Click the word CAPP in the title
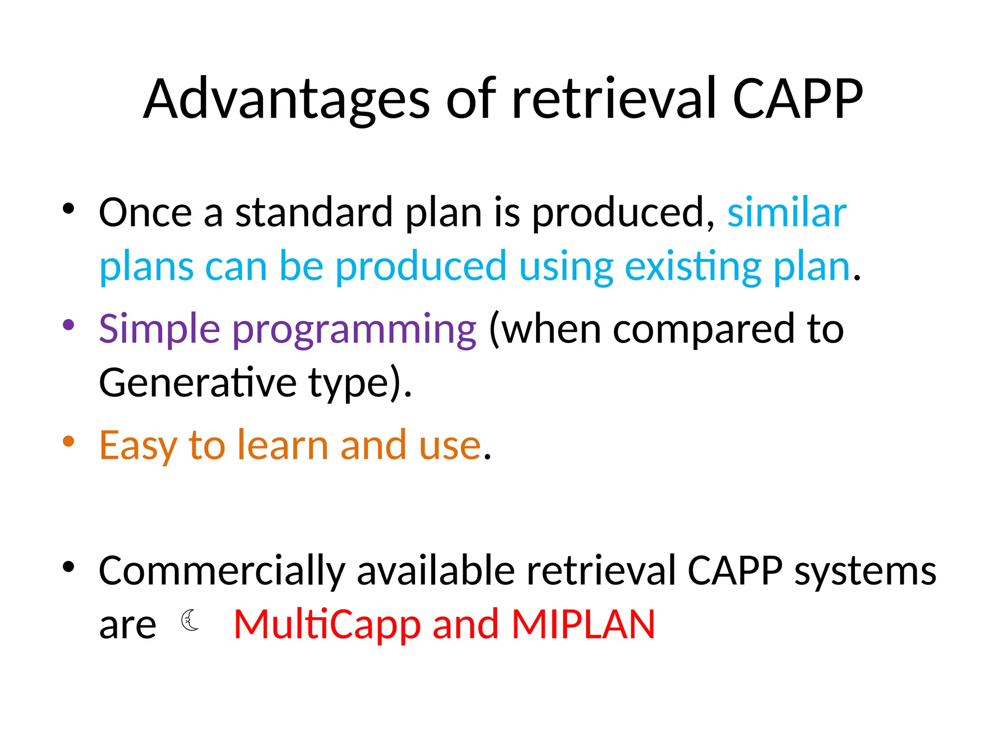coord(797,99)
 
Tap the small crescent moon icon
coord(190,620)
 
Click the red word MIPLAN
coord(583,624)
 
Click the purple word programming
coord(354,331)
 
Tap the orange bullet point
coord(68,441)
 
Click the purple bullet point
coord(68,325)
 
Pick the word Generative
coord(197,382)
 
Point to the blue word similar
coord(787,213)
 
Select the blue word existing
coord(693,267)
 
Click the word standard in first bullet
coord(314,213)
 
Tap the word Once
coord(145,213)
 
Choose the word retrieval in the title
coord(613,99)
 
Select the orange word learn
coord(283,445)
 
